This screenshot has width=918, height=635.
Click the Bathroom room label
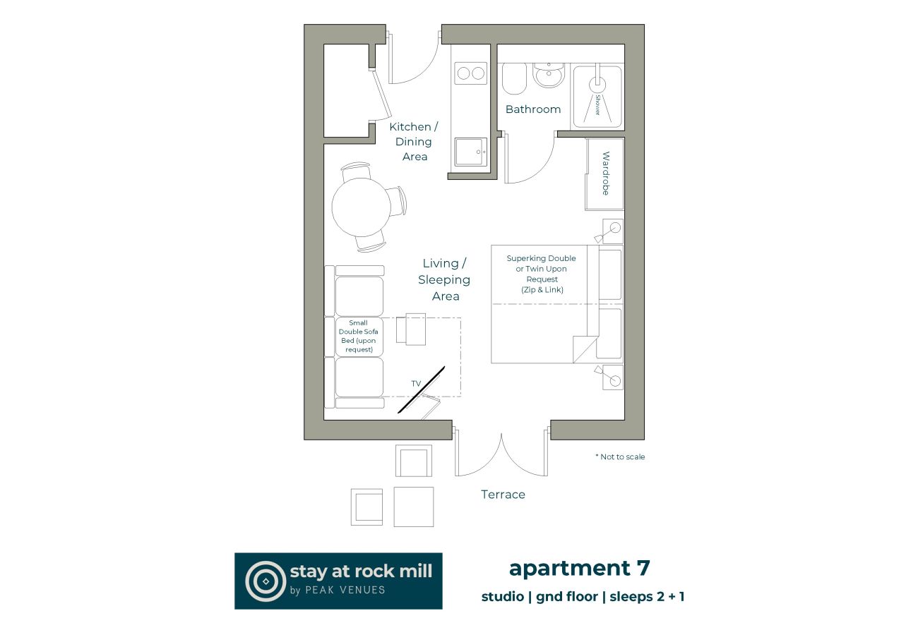(x=533, y=109)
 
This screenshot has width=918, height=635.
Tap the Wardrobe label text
(x=605, y=174)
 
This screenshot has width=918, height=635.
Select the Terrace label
(x=503, y=495)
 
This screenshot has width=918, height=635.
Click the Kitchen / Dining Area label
(x=415, y=141)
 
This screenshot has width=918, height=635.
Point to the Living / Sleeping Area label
(x=445, y=279)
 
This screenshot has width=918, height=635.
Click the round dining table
(x=362, y=207)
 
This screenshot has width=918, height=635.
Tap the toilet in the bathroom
(x=514, y=78)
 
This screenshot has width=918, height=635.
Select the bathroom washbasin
(x=547, y=74)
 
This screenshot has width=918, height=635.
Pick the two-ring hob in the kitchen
(x=470, y=73)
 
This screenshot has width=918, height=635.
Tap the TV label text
(x=416, y=383)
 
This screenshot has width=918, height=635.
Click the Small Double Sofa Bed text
(x=359, y=336)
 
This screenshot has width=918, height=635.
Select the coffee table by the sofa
(x=411, y=329)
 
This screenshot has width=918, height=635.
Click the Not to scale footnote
(x=620, y=456)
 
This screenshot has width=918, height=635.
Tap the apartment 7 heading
(x=579, y=568)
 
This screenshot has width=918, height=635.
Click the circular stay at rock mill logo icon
(x=265, y=581)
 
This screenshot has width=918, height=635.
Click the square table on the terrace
(x=413, y=507)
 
